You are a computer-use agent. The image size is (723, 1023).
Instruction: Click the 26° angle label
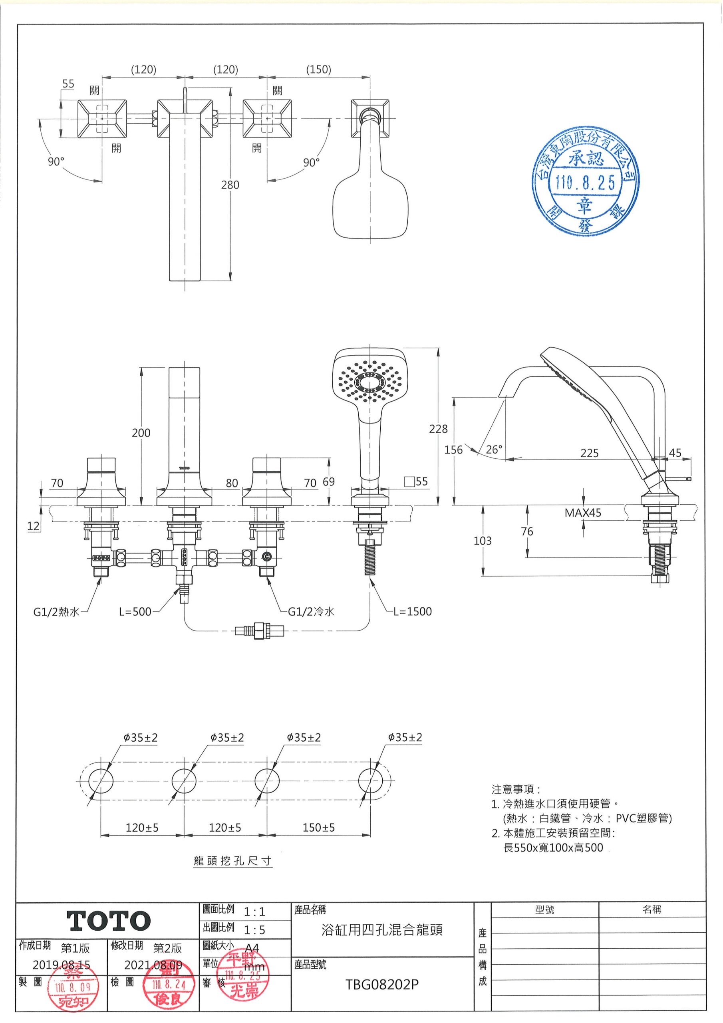tap(494, 449)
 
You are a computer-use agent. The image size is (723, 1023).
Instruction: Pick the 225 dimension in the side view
tap(589, 453)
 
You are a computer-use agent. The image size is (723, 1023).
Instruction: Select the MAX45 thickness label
tap(583, 513)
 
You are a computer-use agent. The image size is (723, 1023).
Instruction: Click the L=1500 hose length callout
tap(413, 611)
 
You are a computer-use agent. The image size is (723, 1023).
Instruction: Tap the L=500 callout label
tap(135, 612)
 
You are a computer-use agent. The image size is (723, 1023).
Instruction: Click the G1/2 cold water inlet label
tap(311, 612)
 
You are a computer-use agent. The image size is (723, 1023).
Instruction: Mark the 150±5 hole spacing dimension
tap(318, 828)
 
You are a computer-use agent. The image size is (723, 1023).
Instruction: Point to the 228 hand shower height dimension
tap(438, 429)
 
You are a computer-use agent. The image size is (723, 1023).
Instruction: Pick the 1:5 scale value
tap(254, 930)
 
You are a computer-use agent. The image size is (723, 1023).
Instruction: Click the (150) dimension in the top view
tap(318, 70)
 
